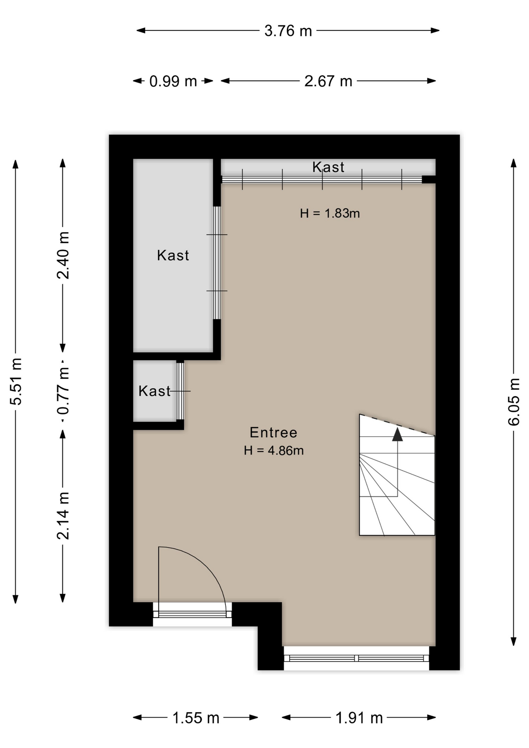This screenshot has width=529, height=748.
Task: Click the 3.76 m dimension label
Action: [x=288, y=31]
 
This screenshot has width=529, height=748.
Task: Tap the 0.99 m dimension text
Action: [x=173, y=81]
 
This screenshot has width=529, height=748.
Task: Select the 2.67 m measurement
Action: [x=328, y=81]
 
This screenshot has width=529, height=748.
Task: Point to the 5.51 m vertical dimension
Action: [x=16, y=381]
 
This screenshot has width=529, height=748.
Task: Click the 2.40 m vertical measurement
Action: [x=63, y=255]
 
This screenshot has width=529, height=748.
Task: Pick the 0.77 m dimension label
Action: [x=63, y=391]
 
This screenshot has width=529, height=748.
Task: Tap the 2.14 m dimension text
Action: [x=63, y=515]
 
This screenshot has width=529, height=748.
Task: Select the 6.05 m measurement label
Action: [x=514, y=402]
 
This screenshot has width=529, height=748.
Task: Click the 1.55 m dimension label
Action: [x=196, y=718]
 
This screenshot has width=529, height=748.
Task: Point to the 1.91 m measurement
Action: [x=359, y=718]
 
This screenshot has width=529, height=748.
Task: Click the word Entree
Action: [x=273, y=432]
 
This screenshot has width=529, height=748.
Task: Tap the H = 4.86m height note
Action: [x=274, y=450]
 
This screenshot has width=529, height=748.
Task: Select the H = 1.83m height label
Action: [x=330, y=213]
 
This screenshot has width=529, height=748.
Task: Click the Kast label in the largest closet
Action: [x=173, y=255]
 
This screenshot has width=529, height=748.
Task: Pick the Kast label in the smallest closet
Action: [x=155, y=391]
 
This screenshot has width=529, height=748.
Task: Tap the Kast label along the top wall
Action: [x=328, y=167]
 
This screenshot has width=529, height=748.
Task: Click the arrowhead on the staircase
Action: [x=397, y=434]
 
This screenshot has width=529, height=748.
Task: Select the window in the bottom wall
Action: [x=356, y=658]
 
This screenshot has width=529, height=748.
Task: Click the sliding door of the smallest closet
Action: [x=180, y=391]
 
